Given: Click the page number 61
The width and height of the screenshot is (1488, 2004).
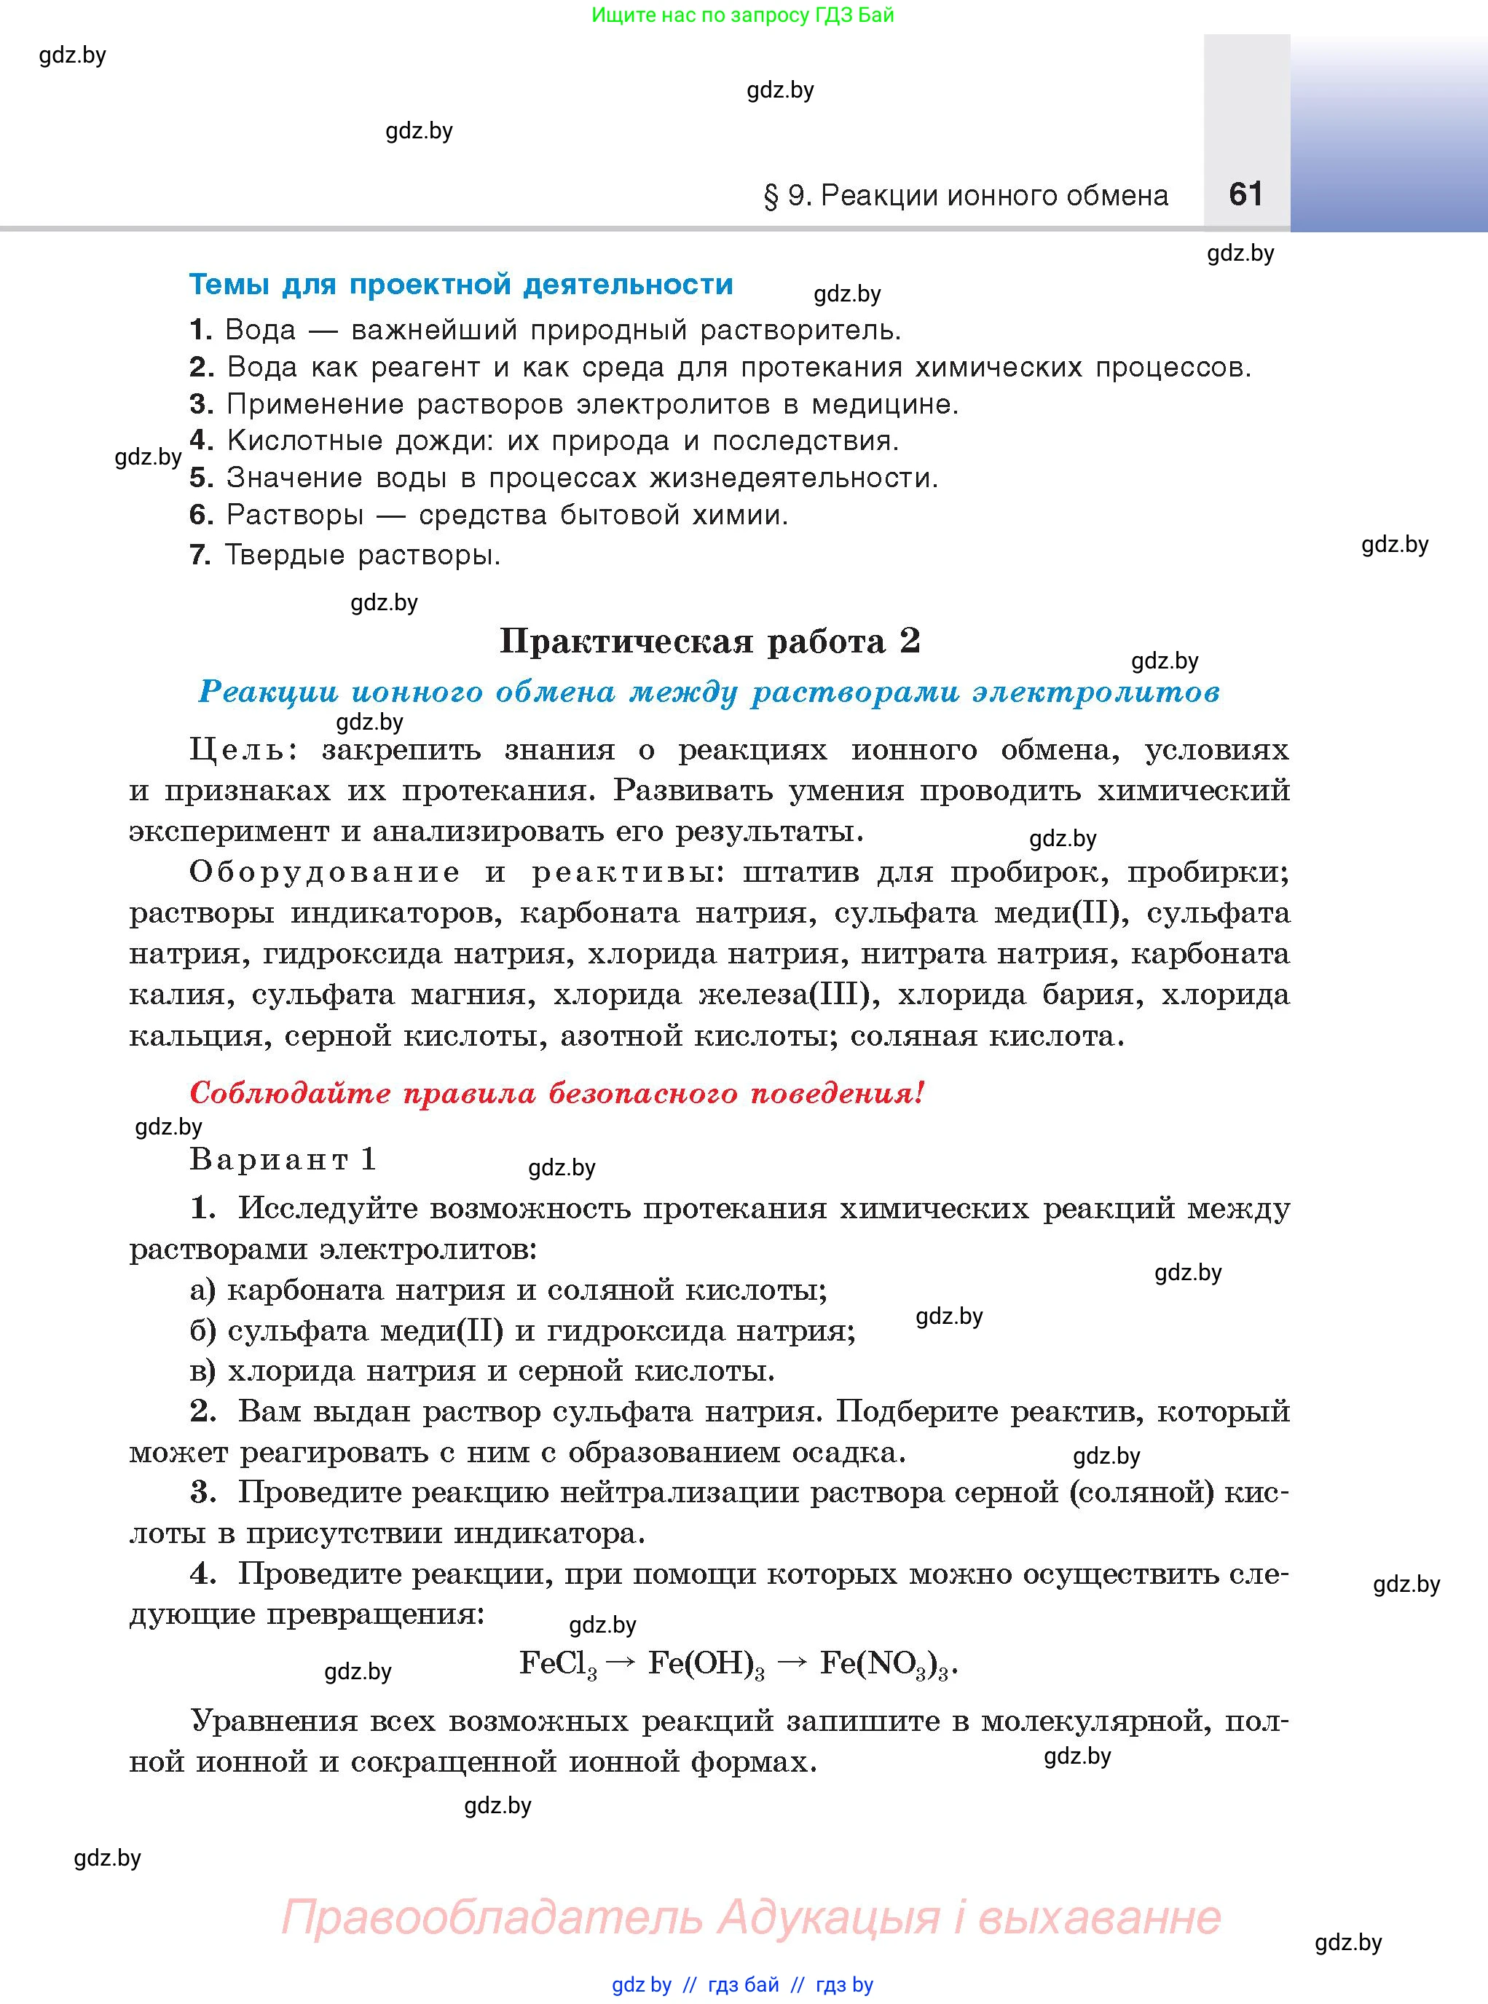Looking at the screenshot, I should (1245, 194).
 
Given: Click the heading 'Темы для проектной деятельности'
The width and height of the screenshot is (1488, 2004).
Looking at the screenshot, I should (460, 285).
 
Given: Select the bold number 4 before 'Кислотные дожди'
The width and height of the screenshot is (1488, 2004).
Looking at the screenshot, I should (201, 441).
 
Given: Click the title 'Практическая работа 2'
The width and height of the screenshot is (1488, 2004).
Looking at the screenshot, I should (710, 642).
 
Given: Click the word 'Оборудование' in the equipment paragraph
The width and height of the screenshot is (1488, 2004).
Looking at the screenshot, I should (324, 872).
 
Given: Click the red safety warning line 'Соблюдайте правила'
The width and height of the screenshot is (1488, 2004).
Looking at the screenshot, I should (556, 1094).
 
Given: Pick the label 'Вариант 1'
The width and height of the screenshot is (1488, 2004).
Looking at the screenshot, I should (283, 1159).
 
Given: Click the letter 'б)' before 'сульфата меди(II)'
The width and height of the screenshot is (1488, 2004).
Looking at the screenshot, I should (202, 1330).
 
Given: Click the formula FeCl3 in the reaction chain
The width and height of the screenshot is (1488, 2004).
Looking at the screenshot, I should (558, 1663).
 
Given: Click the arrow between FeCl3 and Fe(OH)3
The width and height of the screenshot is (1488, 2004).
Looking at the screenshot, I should (621, 1662).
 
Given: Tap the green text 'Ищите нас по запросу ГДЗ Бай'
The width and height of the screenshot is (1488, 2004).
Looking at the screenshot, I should (743, 15).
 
